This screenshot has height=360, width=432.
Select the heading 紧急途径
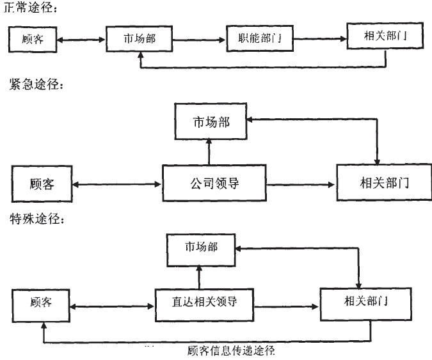36,86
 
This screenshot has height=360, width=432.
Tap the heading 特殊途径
36,219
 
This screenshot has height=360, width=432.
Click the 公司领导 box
214,184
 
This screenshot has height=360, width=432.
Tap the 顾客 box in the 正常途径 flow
33,40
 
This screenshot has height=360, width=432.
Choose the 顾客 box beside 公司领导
42,184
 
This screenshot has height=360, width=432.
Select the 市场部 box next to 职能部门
140,39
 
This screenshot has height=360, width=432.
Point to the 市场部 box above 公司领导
211,122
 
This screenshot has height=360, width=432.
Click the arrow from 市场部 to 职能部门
200,40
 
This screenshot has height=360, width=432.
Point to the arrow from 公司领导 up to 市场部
209,152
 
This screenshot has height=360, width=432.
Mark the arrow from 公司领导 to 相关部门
301,185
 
